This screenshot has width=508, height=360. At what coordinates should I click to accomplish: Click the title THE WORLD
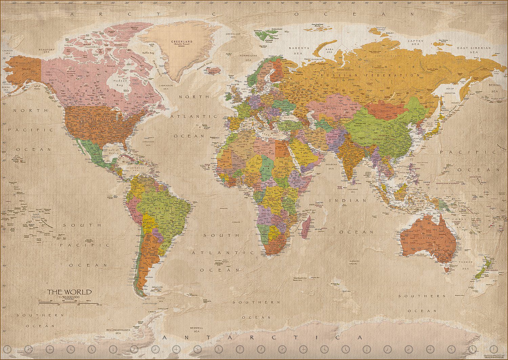tap(69, 292)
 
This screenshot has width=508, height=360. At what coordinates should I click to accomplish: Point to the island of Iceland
tap(212, 70)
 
